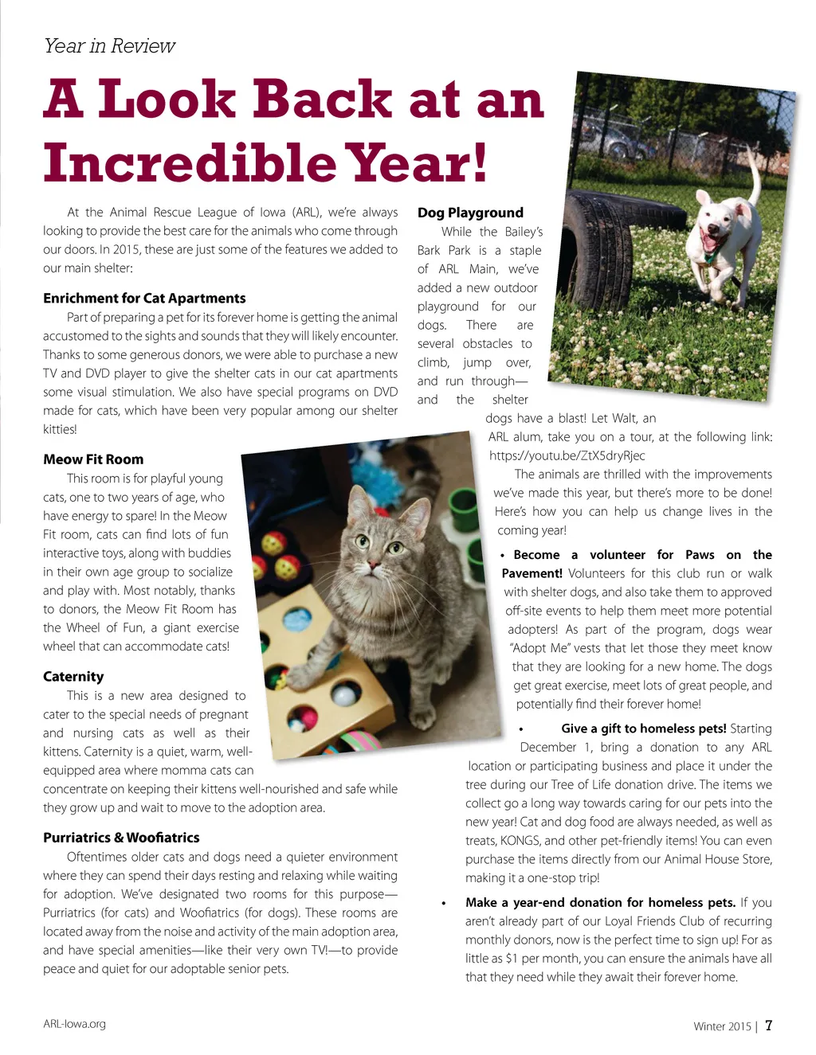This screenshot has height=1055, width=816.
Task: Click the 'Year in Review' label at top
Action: [109, 46]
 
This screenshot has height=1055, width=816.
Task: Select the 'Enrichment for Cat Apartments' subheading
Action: [144, 299]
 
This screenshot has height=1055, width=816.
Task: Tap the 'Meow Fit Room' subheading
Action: [93, 459]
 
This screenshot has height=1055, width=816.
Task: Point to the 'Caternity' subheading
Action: [73, 677]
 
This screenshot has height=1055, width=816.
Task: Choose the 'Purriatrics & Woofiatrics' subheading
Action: [121, 838]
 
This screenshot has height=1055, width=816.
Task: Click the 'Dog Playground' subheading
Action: [470, 213]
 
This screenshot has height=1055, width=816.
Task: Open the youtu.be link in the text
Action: [567, 455]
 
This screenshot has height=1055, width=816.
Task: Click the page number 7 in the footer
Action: [768, 1026]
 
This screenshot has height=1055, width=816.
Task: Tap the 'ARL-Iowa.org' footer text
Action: [74, 1024]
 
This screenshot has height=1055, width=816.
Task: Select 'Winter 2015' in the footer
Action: [722, 1026]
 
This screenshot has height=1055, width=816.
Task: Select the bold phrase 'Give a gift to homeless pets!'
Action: [643, 729]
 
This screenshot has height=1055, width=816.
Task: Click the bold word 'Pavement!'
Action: [532, 573]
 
